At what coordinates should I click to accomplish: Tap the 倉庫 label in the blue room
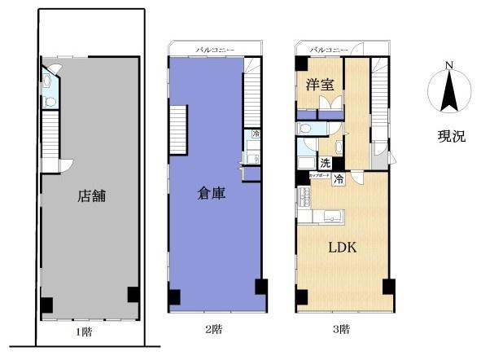tap(212, 193)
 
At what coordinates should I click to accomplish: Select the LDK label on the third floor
tap(343, 248)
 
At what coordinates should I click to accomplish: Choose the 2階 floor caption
tap(214, 329)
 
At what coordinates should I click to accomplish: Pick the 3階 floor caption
tap(342, 329)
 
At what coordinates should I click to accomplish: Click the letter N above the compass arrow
tap(448, 66)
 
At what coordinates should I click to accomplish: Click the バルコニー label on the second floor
tap(214, 50)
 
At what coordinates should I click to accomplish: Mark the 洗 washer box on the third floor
tap(325, 163)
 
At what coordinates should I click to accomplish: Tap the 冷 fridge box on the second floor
tap(256, 134)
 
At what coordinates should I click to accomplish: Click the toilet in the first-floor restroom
tap(50, 102)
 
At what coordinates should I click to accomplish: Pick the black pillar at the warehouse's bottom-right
tap(260, 287)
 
